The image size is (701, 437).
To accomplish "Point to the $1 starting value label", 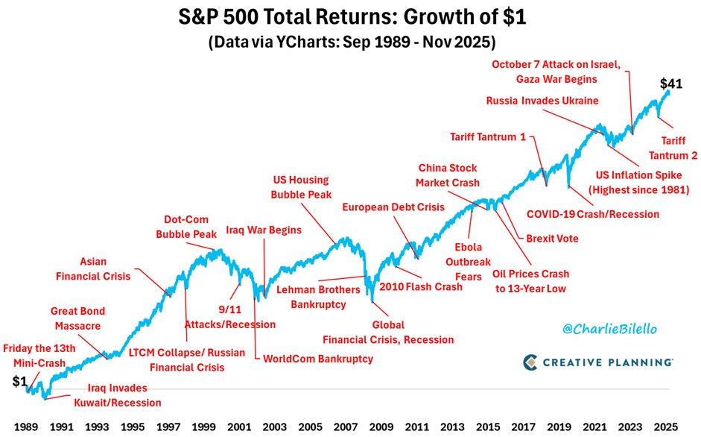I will tap(19, 381).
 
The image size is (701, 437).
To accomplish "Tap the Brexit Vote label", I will tap(552, 239).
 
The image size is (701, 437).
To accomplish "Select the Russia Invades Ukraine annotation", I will tap(542, 101).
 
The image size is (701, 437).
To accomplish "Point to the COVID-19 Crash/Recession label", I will tap(593, 214).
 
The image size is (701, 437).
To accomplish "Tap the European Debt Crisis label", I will tap(393, 207).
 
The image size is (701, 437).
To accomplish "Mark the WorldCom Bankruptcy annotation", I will tap(318, 359).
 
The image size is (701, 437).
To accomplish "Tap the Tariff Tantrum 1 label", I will tap(489, 137).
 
